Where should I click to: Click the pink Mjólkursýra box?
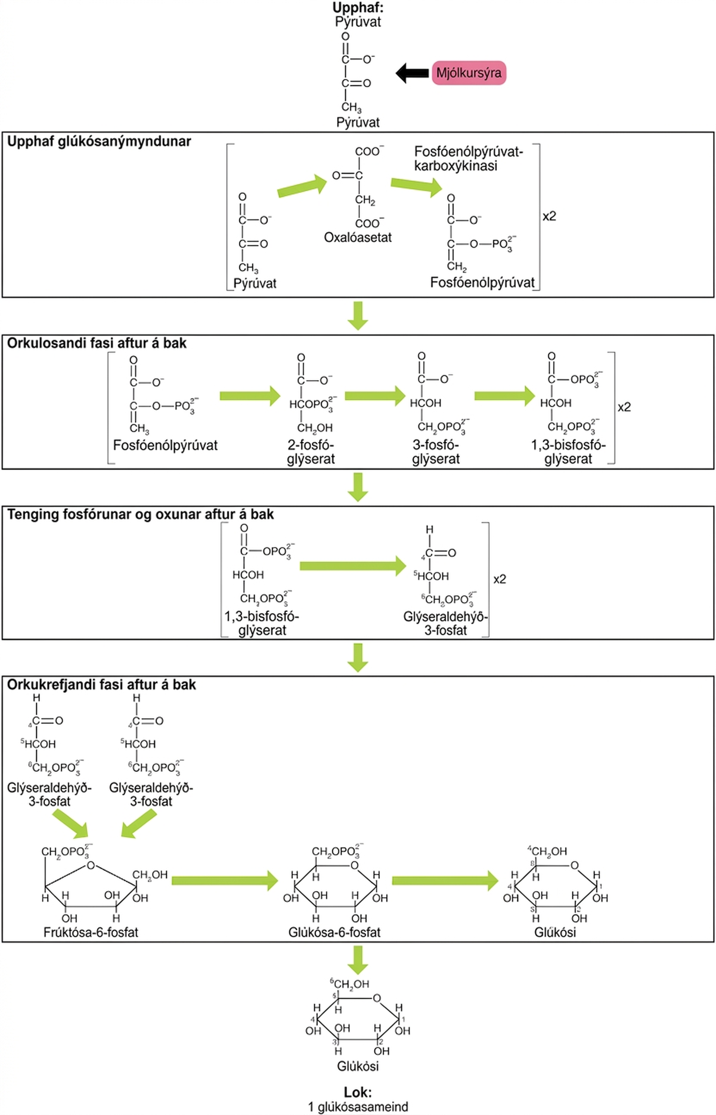(x=469, y=73)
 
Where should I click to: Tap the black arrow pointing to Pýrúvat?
(x=412, y=73)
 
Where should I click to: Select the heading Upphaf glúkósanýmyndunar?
(x=99, y=141)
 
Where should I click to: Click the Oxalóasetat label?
(x=357, y=237)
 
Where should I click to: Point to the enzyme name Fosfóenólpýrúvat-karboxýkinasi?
(x=469, y=159)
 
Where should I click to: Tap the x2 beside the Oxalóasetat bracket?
(x=549, y=216)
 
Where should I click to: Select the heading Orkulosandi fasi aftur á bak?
(x=97, y=343)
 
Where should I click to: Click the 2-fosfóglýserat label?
(x=311, y=452)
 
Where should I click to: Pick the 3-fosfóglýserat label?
(x=436, y=452)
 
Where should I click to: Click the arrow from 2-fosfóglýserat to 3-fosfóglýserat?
(x=375, y=395)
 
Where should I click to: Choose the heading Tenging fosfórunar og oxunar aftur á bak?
(x=141, y=514)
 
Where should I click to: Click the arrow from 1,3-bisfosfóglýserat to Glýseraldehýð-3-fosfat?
(x=353, y=566)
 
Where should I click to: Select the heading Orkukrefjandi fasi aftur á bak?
(x=101, y=685)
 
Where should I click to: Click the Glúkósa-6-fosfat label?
(x=334, y=932)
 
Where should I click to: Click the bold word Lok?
(x=358, y=1092)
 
